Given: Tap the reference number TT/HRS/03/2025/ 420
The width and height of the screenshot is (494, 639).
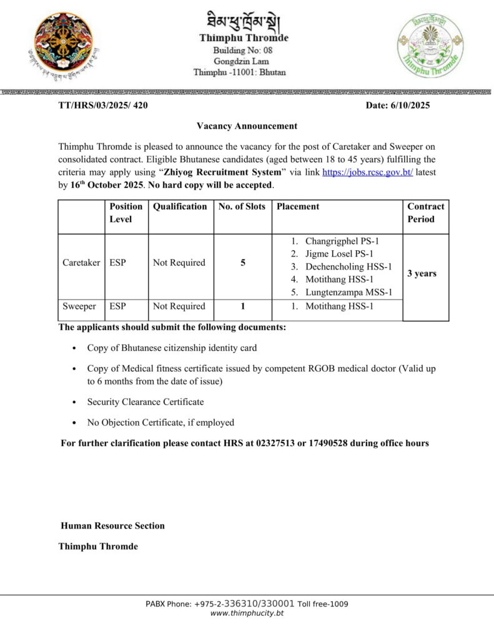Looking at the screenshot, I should [x=103, y=105].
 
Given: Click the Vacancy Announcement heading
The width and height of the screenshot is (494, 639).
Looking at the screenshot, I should [x=247, y=126].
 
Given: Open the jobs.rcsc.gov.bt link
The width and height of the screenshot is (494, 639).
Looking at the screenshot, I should [x=367, y=172].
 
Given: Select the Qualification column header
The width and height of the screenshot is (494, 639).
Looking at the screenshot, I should [x=180, y=207].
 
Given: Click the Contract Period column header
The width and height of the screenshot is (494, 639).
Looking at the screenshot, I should [x=425, y=213].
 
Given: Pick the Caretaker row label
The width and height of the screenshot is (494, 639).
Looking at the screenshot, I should [x=81, y=263].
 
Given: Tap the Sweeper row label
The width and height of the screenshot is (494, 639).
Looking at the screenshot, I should [x=79, y=306].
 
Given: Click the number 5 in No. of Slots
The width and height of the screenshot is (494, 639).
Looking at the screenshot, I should [x=242, y=263].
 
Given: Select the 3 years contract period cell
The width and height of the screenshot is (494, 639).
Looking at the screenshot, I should [x=422, y=273].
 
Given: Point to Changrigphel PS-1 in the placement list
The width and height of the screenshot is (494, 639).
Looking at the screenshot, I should [x=342, y=241].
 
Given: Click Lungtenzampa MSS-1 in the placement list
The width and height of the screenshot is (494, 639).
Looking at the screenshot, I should [x=348, y=292].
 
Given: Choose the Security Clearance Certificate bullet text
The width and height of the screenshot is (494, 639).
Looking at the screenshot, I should [x=146, y=402].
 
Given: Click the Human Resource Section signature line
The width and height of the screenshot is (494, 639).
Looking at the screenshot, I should [x=112, y=525].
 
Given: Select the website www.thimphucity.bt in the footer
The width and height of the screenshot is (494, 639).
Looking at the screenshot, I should [x=247, y=613].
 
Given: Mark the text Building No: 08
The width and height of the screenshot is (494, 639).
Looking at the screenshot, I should [x=243, y=50].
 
